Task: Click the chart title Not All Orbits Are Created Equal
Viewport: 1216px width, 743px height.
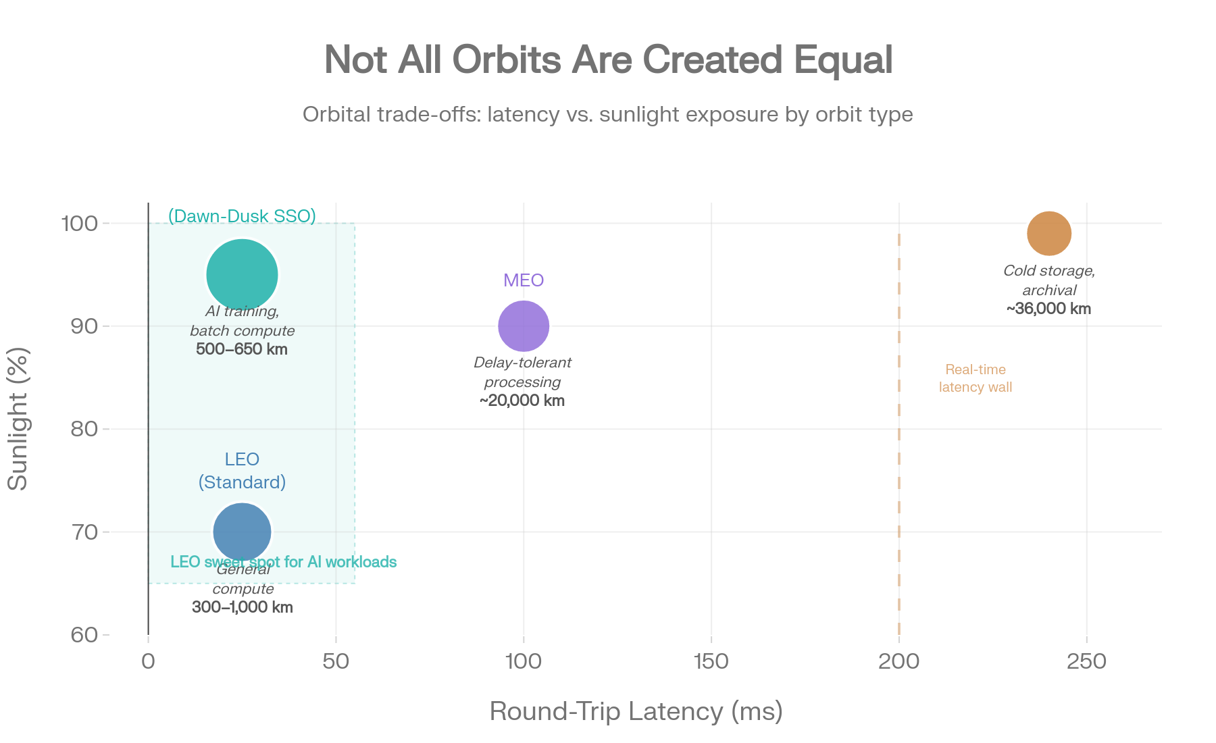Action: pyautogui.click(x=608, y=60)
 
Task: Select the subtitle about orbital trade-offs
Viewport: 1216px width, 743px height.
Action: pyautogui.click(x=607, y=115)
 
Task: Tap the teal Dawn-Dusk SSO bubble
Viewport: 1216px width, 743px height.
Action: pyautogui.click(x=242, y=275)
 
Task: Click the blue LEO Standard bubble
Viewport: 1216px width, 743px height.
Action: pyautogui.click(x=242, y=532)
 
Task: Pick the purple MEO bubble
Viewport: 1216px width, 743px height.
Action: pyautogui.click(x=524, y=326)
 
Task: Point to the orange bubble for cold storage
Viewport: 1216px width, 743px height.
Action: pyautogui.click(x=1049, y=234)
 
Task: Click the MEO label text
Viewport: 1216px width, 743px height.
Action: pyautogui.click(x=524, y=280)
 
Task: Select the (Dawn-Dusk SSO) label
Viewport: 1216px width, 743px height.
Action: pyautogui.click(x=242, y=216)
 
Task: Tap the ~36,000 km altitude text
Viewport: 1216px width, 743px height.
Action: pyautogui.click(x=1048, y=309)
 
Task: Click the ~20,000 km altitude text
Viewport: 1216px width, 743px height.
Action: pyautogui.click(x=522, y=401)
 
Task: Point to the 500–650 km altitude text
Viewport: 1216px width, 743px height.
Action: pyautogui.click(x=242, y=350)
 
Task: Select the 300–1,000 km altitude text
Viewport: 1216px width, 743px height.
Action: pyautogui.click(x=243, y=607)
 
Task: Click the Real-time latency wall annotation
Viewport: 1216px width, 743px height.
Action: pyautogui.click(x=976, y=378)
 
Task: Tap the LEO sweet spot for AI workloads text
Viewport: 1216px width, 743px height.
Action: pyautogui.click(x=284, y=562)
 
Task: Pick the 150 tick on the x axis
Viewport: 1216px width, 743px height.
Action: pyautogui.click(x=711, y=662)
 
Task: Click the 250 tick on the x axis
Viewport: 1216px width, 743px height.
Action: pyautogui.click(x=1086, y=662)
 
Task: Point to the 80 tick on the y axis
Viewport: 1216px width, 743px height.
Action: pyautogui.click(x=86, y=430)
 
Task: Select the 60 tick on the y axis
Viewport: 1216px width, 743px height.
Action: pyautogui.click(x=86, y=636)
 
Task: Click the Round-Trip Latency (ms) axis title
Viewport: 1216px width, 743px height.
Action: pyautogui.click(x=636, y=712)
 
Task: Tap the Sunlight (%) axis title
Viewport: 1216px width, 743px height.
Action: pyautogui.click(x=18, y=419)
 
